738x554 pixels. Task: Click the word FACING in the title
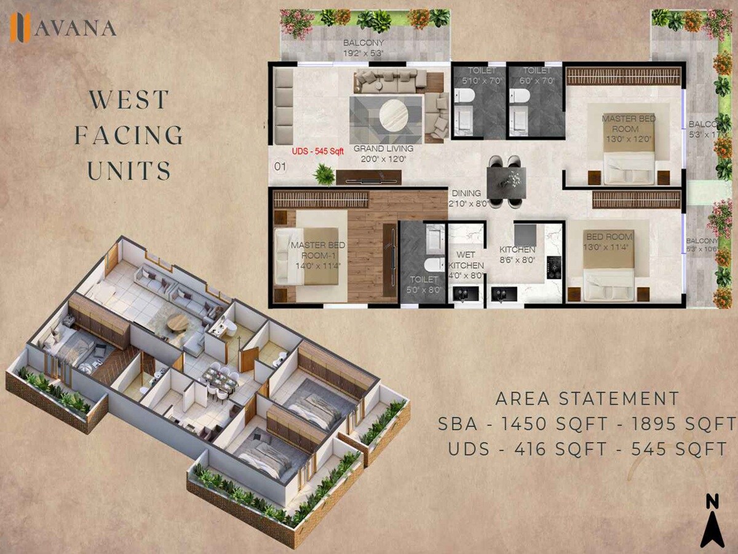coord(129,135)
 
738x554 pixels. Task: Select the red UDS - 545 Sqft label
coord(317,150)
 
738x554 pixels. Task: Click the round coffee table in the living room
coord(394,116)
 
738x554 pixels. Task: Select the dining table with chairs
coord(507,180)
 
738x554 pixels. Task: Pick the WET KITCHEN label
coord(465,260)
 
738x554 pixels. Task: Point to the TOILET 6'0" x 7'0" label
coord(535,76)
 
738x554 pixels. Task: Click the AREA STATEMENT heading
coord(587,398)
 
